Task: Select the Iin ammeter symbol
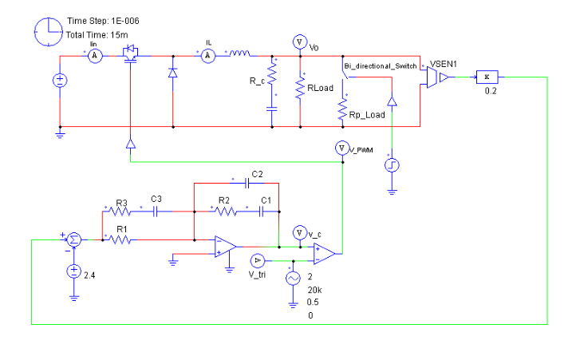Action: (93, 55)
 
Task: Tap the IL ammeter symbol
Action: (207, 55)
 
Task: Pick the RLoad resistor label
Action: (320, 89)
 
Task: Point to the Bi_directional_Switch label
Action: (380, 65)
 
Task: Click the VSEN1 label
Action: (444, 63)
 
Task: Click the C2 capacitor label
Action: (256, 173)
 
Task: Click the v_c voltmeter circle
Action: (298, 233)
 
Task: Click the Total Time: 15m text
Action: (95, 35)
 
